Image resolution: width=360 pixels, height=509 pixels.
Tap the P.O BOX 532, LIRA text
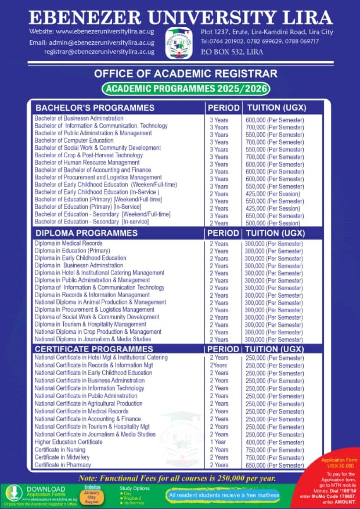tap(232, 52)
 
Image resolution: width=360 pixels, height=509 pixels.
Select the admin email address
tap(92, 43)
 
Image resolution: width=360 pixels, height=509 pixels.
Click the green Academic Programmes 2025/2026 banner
tap(185, 88)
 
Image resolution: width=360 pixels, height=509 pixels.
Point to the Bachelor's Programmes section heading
tap(95, 108)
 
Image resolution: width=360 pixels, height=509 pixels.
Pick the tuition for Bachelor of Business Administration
tap(275, 120)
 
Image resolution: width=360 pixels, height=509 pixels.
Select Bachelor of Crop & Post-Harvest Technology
tap(89, 155)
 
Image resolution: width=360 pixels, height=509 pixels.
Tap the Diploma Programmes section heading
tap(86, 233)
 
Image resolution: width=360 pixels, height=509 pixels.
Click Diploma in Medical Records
tap(68, 243)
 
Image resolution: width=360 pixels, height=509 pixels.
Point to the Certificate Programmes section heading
tap(94, 349)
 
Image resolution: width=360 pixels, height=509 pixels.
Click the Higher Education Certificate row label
tap(68, 442)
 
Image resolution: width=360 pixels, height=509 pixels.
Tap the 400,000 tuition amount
tap(274, 442)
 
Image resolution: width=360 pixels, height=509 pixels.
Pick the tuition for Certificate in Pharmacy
tap(274, 465)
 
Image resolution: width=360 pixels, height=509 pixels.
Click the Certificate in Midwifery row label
tap(62, 457)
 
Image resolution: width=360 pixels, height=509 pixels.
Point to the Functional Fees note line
tap(177, 478)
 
